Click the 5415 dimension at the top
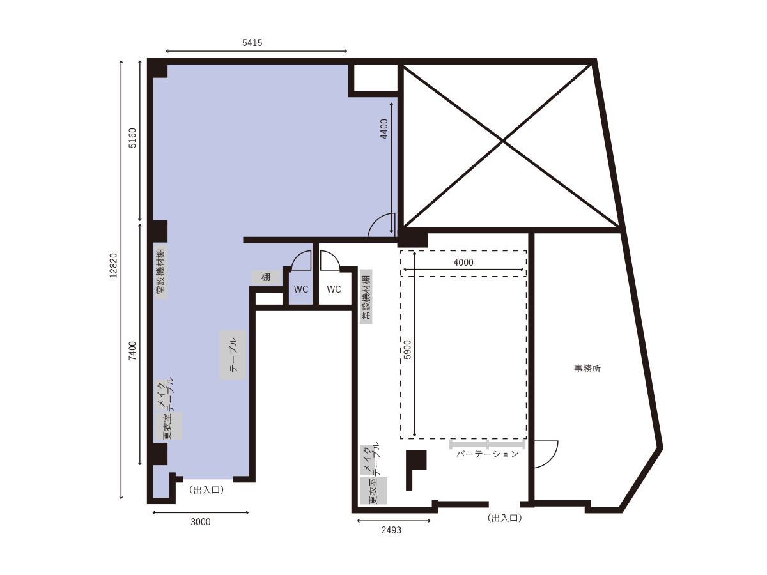pyautogui.click(x=252, y=43)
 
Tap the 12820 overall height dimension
pyautogui.click(x=113, y=265)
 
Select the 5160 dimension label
pyautogui.click(x=132, y=138)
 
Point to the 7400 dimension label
pyautogui.click(x=132, y=351)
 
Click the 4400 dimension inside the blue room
pyautogui.click(x=384, y=129)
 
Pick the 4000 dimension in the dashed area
pyautogui.click(x=463, y=262)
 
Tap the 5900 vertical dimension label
pyautogui.click(x=407, y=349)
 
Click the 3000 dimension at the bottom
pyautogui.click(x=201, y=522)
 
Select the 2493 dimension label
pyautogui.click(x=391, y=530)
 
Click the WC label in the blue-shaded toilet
pyautogui.click(x=301, y=289)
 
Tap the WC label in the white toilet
pyautogui.click(x=334, y=289)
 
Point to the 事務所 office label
pyautogui.click(x=587, y=369)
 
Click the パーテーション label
pyautogui.click(x=488, y=454)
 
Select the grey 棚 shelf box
pyautogui.click(x=265, y=277)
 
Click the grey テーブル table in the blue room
pyautogui.click(x=233, y=355)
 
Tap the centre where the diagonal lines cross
pyautogui.click(x=503, y=141)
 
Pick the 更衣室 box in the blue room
pyautogui.click(x=169, y=426)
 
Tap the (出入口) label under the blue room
pyautogui.click(x=206, y=490)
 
